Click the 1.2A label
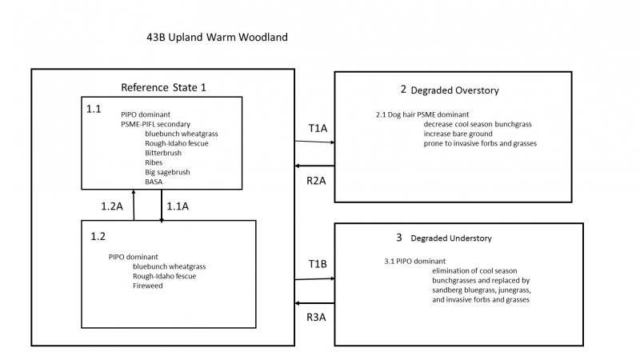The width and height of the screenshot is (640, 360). tap(113, 206)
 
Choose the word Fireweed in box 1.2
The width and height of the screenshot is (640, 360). tap(150, 286)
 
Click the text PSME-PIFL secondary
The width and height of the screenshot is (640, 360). tap(151, 123)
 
